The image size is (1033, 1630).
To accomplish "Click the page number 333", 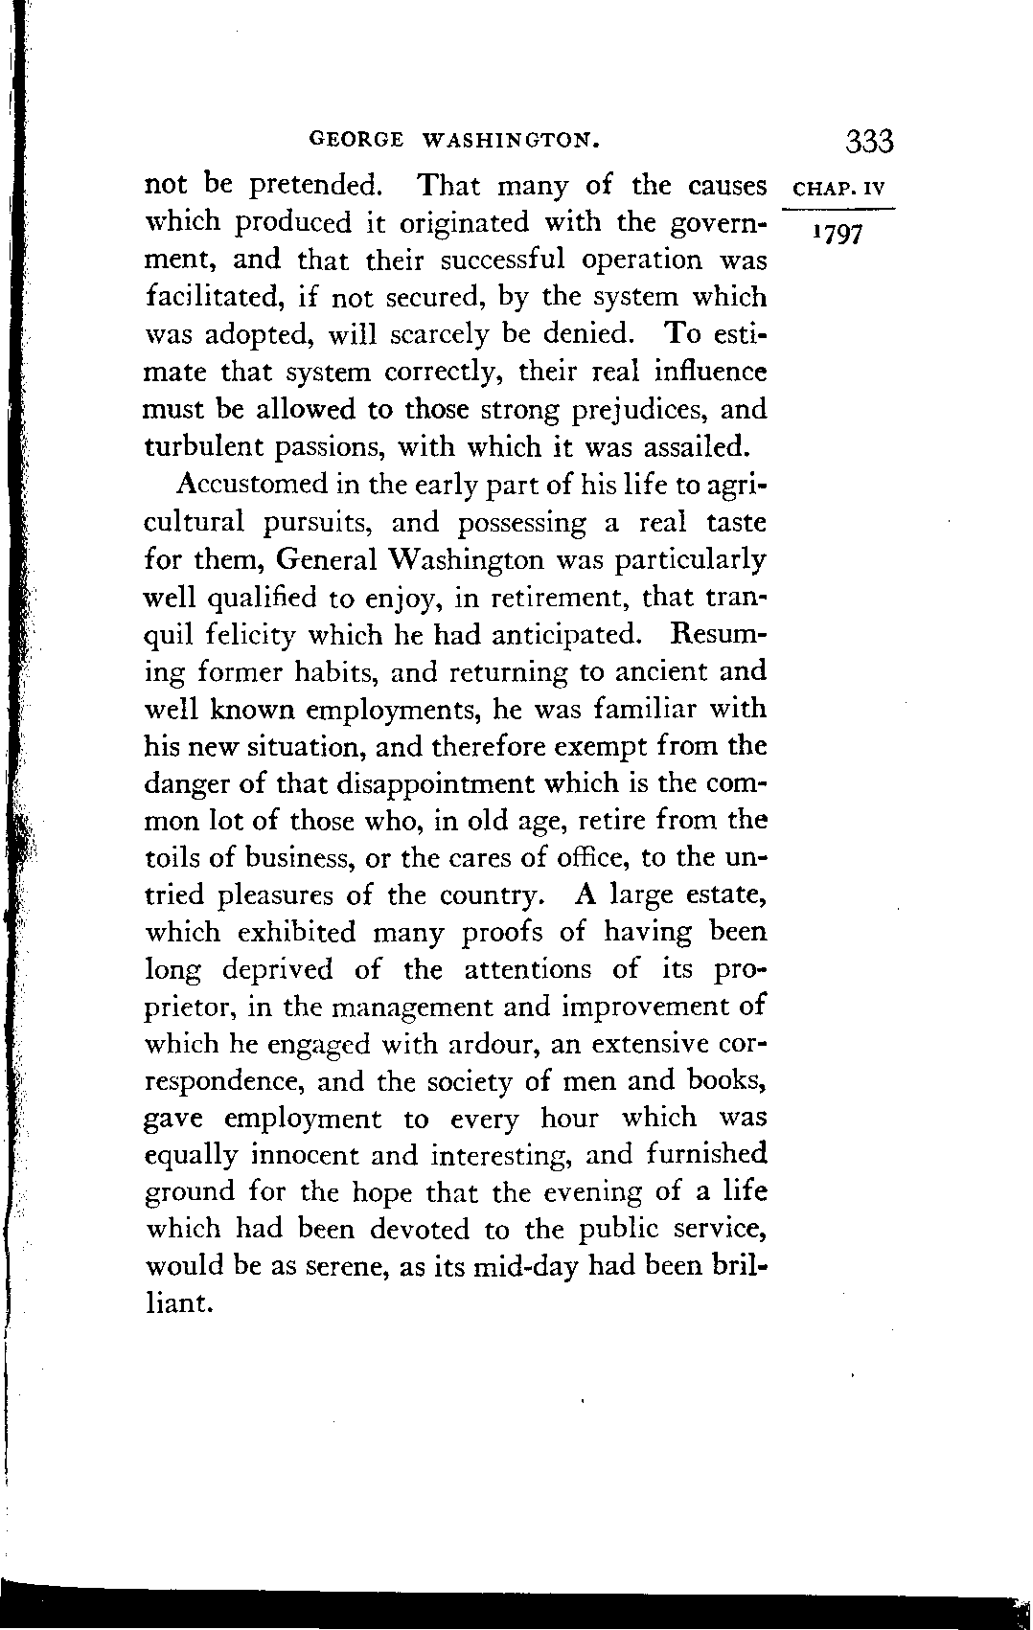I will [x=869, y=142].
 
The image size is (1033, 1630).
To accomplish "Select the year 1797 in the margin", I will [x=837, y=235].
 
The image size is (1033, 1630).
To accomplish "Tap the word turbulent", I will [x=204, y=447].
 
